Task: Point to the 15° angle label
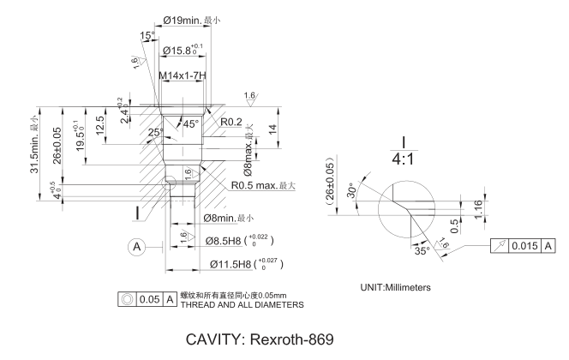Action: (x=147, y=35)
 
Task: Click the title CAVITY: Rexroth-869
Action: (x=283, y=338)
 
